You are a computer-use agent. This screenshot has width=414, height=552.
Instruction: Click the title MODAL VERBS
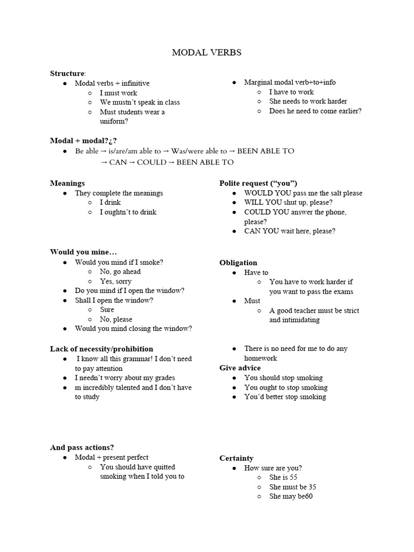click(206, 52)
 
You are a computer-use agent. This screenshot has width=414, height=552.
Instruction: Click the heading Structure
click(67, 73)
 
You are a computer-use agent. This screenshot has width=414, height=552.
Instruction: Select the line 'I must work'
click(119, 93)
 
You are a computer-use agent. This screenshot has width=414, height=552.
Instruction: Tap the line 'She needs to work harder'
click(308, 101)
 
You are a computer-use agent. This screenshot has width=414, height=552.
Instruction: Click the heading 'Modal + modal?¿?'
click(83, 141)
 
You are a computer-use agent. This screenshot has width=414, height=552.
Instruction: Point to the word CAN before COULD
click(121, 162)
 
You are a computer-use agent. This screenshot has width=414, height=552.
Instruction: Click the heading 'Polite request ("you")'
click(258, 183)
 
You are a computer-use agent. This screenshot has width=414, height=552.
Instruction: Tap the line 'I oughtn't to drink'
click(128, 212)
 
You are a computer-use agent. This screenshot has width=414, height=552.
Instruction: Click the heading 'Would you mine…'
click(84, 252)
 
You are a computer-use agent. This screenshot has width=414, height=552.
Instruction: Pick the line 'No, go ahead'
click(120, 272)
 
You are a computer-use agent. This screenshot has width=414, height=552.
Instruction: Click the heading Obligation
click(238, 263)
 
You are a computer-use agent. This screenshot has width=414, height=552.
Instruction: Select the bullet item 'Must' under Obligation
click(252, 301)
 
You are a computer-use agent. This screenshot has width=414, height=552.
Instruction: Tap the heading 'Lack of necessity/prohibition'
click(101, 349)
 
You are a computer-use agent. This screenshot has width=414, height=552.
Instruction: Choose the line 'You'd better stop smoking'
click(285, 397)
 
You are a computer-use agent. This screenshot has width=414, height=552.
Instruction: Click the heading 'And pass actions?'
click(82, 447)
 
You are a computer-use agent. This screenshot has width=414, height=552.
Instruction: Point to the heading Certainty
click(236, 458)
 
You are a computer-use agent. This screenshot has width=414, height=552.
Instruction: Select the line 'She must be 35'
click(293, 487)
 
